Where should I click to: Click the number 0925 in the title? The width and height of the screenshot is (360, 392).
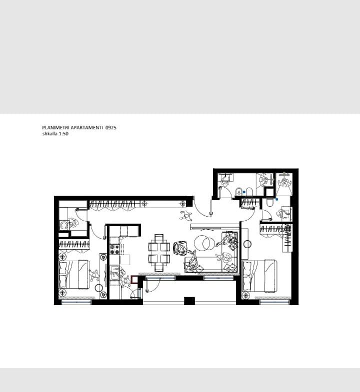pyautogui.click(x=111, y=127)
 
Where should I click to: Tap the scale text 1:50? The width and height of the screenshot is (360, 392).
pyautogui.click(x=63, y=134)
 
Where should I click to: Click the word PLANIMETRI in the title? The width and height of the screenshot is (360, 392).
pyautogui.click(x=56, y=127)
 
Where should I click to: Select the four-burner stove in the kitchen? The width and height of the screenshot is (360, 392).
pyautogui.click(x=115, y=249)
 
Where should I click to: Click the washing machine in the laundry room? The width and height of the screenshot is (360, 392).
pyautogui.click(x=64, y=225)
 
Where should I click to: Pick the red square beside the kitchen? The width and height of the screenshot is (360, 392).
pyautogui.click(x=134, y=280)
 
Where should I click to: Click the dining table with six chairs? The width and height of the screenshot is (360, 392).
pyautogui.click(x=159, y=253)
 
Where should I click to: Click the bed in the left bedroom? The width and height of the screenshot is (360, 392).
pyautogui.click(x=74, y=274)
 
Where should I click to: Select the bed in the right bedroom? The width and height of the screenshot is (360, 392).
pyautogui.click(x=259, y=276)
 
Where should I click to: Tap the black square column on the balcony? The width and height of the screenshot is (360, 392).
pyautogui.click(x=189, y=301)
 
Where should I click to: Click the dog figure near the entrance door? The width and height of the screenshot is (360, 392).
pyautogui.click(x=185, y=215)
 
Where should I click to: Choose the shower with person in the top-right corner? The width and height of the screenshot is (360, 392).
pyautogui.click(x=284, y=184)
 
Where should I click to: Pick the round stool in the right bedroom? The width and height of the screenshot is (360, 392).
pyautogui.click(x=247, y=244)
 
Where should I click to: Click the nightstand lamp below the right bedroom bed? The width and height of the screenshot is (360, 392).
pyautogui.click(x=246, y=296)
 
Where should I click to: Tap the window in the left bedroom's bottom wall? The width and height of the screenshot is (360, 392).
pyautogui.click(x=76, y=302)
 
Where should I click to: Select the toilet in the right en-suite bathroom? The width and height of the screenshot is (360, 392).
pyautogui.click(x=269, y=202)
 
